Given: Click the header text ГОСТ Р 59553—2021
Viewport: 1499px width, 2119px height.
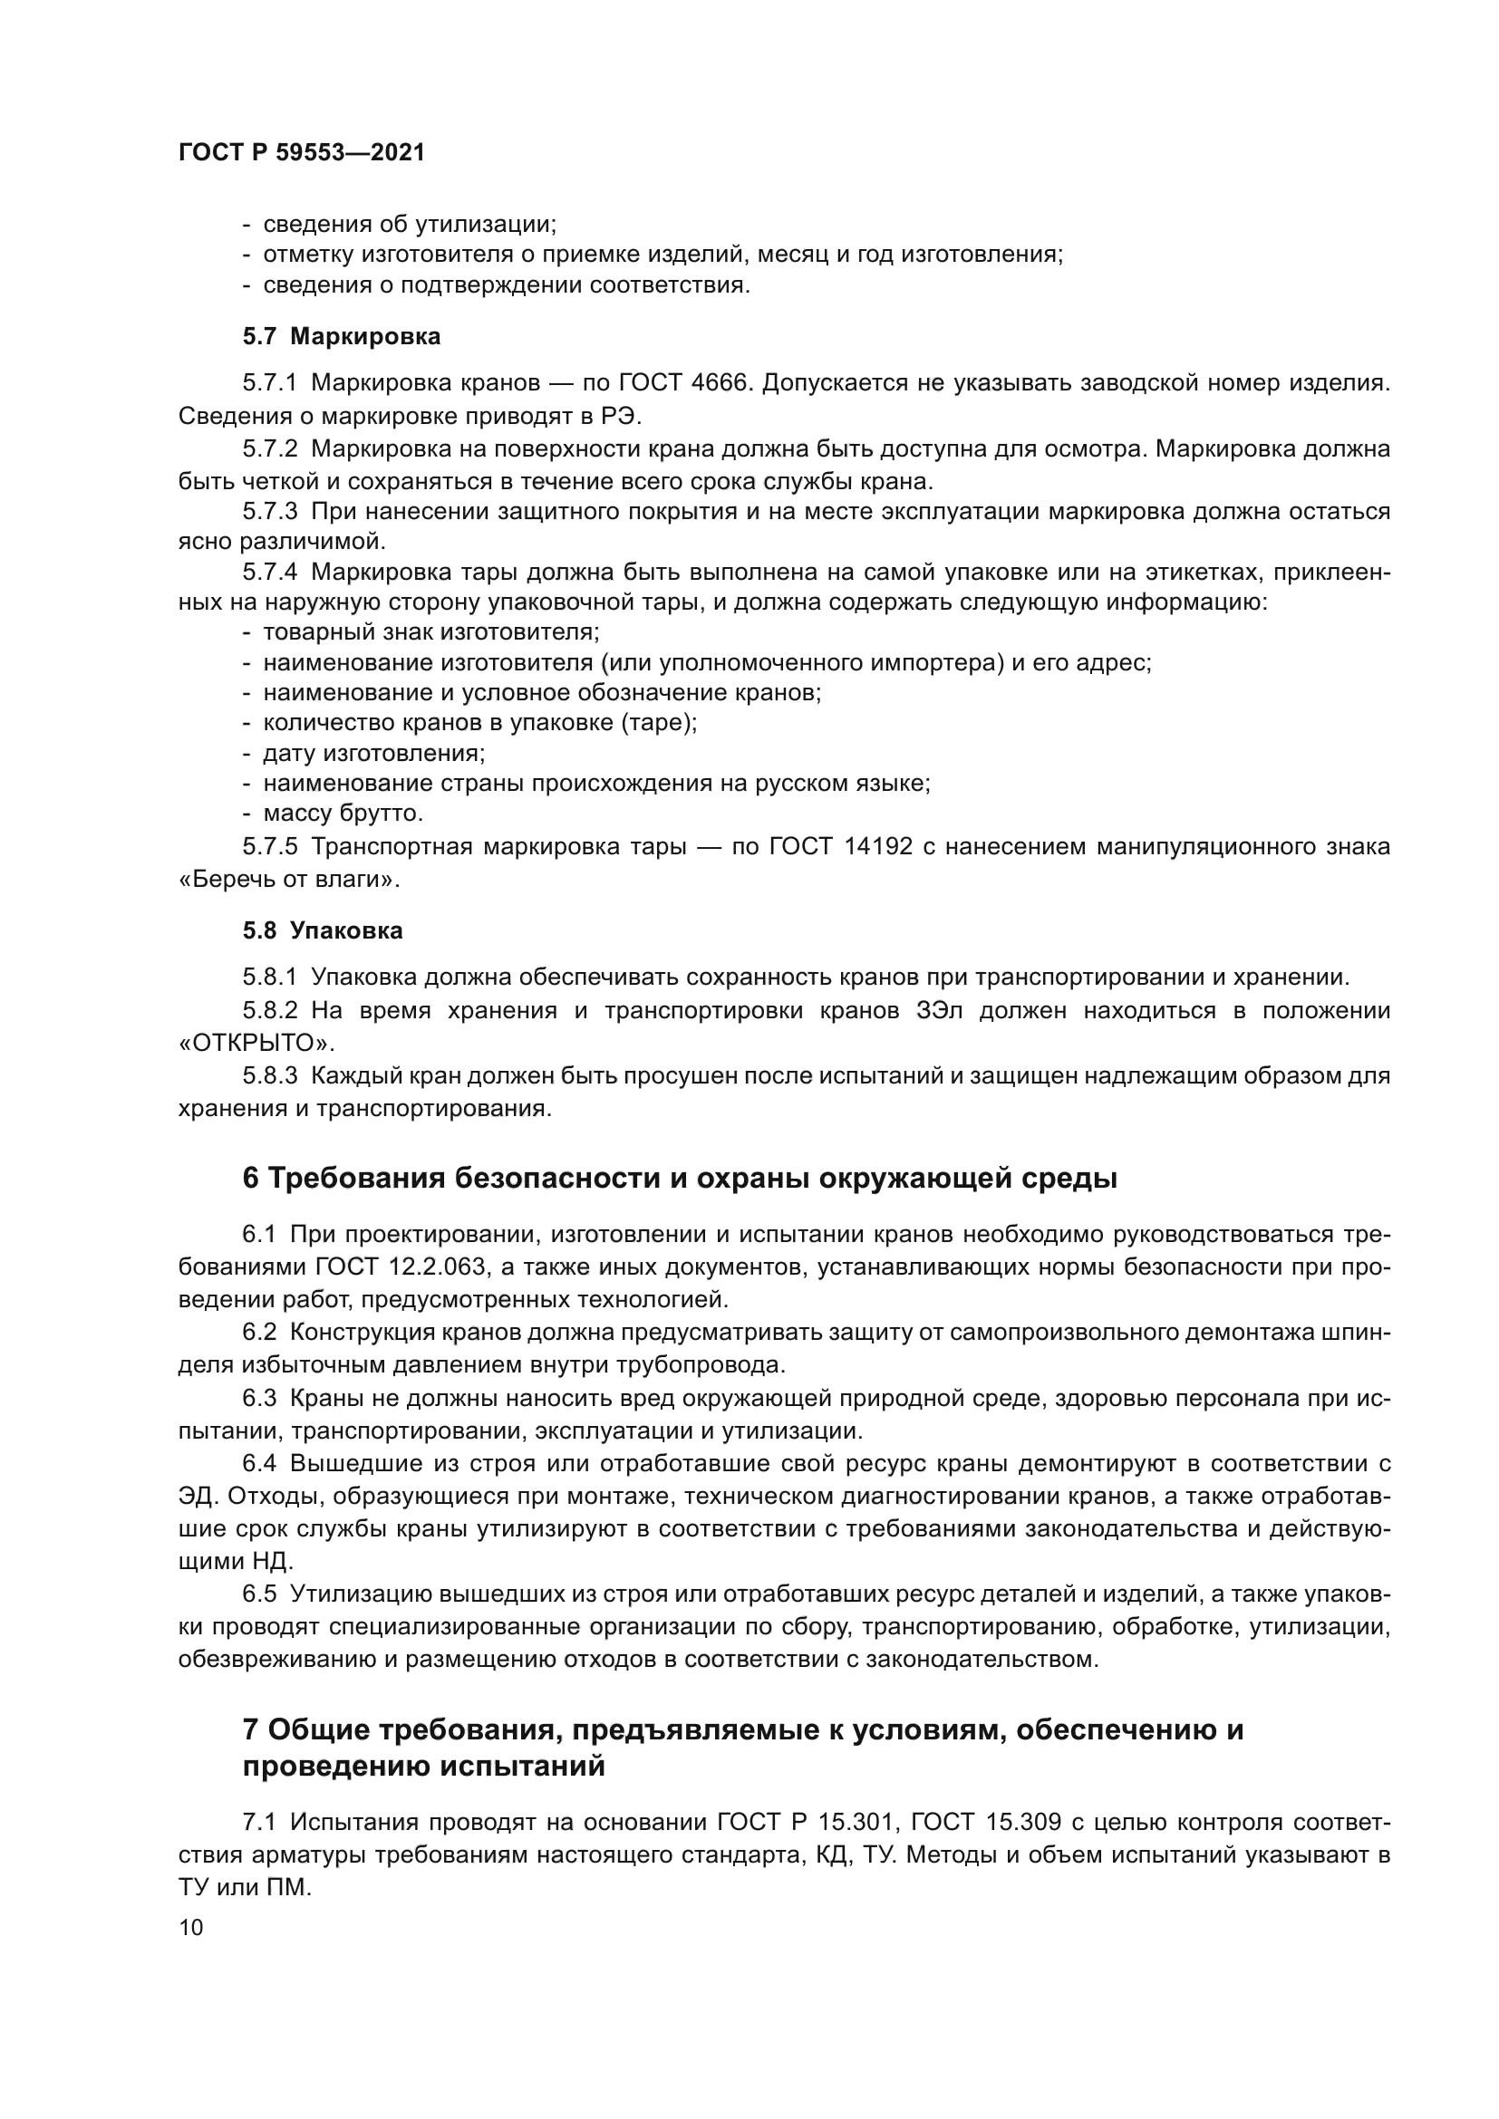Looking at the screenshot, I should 301,153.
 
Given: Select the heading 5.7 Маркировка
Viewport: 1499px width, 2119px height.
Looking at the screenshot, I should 342,337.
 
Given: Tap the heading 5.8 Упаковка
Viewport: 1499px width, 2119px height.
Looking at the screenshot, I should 323,930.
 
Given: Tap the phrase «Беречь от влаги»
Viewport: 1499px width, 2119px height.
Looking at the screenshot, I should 289,880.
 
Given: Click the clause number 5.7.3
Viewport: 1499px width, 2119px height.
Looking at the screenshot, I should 269,511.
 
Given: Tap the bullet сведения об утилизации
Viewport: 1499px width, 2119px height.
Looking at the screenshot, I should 409,225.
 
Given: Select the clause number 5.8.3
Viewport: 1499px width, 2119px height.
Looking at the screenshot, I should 269,1076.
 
